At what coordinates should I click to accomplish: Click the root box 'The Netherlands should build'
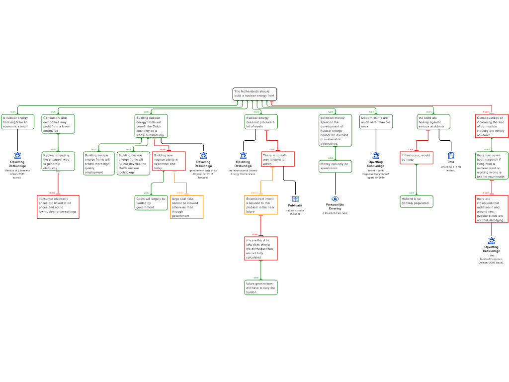(x=254, y=94)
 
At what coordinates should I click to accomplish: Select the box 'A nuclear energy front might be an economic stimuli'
(x=18, y=122)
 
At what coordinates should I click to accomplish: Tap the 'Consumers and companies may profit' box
(x=58, y=124)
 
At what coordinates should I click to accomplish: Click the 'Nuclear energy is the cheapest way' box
(x=58, y=161)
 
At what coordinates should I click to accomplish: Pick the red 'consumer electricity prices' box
(x=58, y=206)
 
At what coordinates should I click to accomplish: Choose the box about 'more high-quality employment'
(x=99, y=164)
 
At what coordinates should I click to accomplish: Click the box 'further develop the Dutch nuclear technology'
(x=133, y=164)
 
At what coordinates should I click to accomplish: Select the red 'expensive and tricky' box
(x=169, y=161)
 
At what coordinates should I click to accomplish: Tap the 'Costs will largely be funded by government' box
(x=152, y=202)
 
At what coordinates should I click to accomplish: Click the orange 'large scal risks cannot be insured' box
(x=187, y=207)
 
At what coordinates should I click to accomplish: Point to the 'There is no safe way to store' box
(x=278, y=159)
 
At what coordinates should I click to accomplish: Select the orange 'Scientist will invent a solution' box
(x=261, y=205)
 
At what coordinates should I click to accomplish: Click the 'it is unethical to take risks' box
(x=261, y=248)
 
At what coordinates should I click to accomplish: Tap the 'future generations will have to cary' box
(x=261, y=287)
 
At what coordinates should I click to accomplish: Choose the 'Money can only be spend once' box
(x=336, y=166)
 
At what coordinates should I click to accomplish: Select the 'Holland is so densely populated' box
(x=417, y=201)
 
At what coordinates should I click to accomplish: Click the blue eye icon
(x=335, y=199)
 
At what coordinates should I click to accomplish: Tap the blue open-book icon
(x=295, y=199)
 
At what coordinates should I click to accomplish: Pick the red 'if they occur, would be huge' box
(x=417, y=158)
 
